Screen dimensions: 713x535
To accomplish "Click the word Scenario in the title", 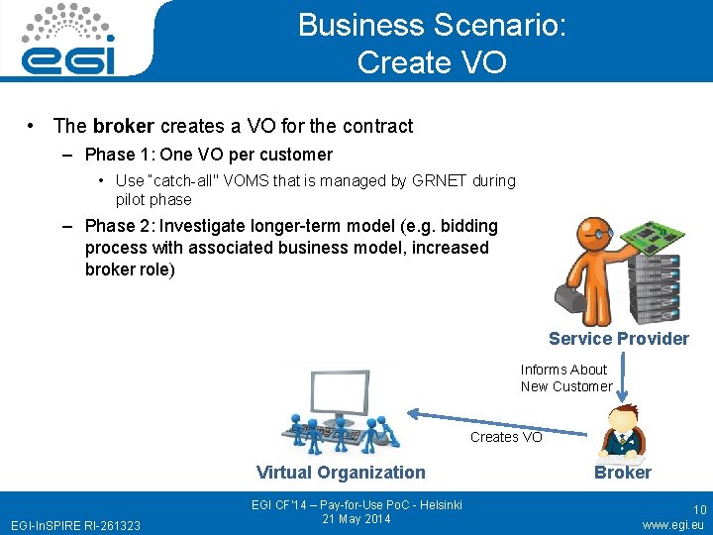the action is click(x=499, y=25).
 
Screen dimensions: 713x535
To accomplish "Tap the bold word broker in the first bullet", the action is click(x=124, y=126).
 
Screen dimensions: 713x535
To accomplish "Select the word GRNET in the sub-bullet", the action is click(x=433, y=180).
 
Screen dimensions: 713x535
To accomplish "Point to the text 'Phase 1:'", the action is click(x=117, y=155).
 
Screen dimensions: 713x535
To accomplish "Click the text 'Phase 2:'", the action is click(x=117, y=226).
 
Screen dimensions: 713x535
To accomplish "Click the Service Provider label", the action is click(x=618, y=339).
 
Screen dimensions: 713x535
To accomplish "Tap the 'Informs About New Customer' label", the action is click(x=566, y=377).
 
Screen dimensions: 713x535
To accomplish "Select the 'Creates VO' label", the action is click(x=506, y=437).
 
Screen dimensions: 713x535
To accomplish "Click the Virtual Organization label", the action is click(x=341, y=473).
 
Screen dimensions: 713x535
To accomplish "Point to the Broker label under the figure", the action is click(x=622, y=473).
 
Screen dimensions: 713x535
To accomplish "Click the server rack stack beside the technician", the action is click(x=658, y=287).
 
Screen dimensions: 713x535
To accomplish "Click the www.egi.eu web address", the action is click(x=673, y=524).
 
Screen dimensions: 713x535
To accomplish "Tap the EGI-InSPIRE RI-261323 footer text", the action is click(x=75, y=524).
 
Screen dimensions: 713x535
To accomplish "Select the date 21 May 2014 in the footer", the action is click(x=356, y=519).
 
